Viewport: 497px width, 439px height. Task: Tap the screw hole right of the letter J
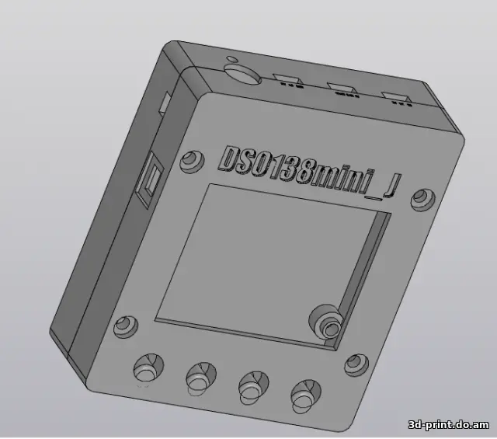pyautogui.click(x=422, y=197)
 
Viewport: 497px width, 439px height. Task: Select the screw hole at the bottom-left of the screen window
pyautogui.click(x=123, y=327)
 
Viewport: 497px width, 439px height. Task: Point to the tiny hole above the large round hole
pyautogui.click(x=230, y=59)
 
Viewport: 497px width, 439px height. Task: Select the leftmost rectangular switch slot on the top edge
pyautogui.click(x=287, y=80)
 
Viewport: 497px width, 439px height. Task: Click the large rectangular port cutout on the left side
pyautogui.click(x=148, y=181)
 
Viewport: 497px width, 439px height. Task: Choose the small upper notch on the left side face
pyautogui.click(x=165, y=103)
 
